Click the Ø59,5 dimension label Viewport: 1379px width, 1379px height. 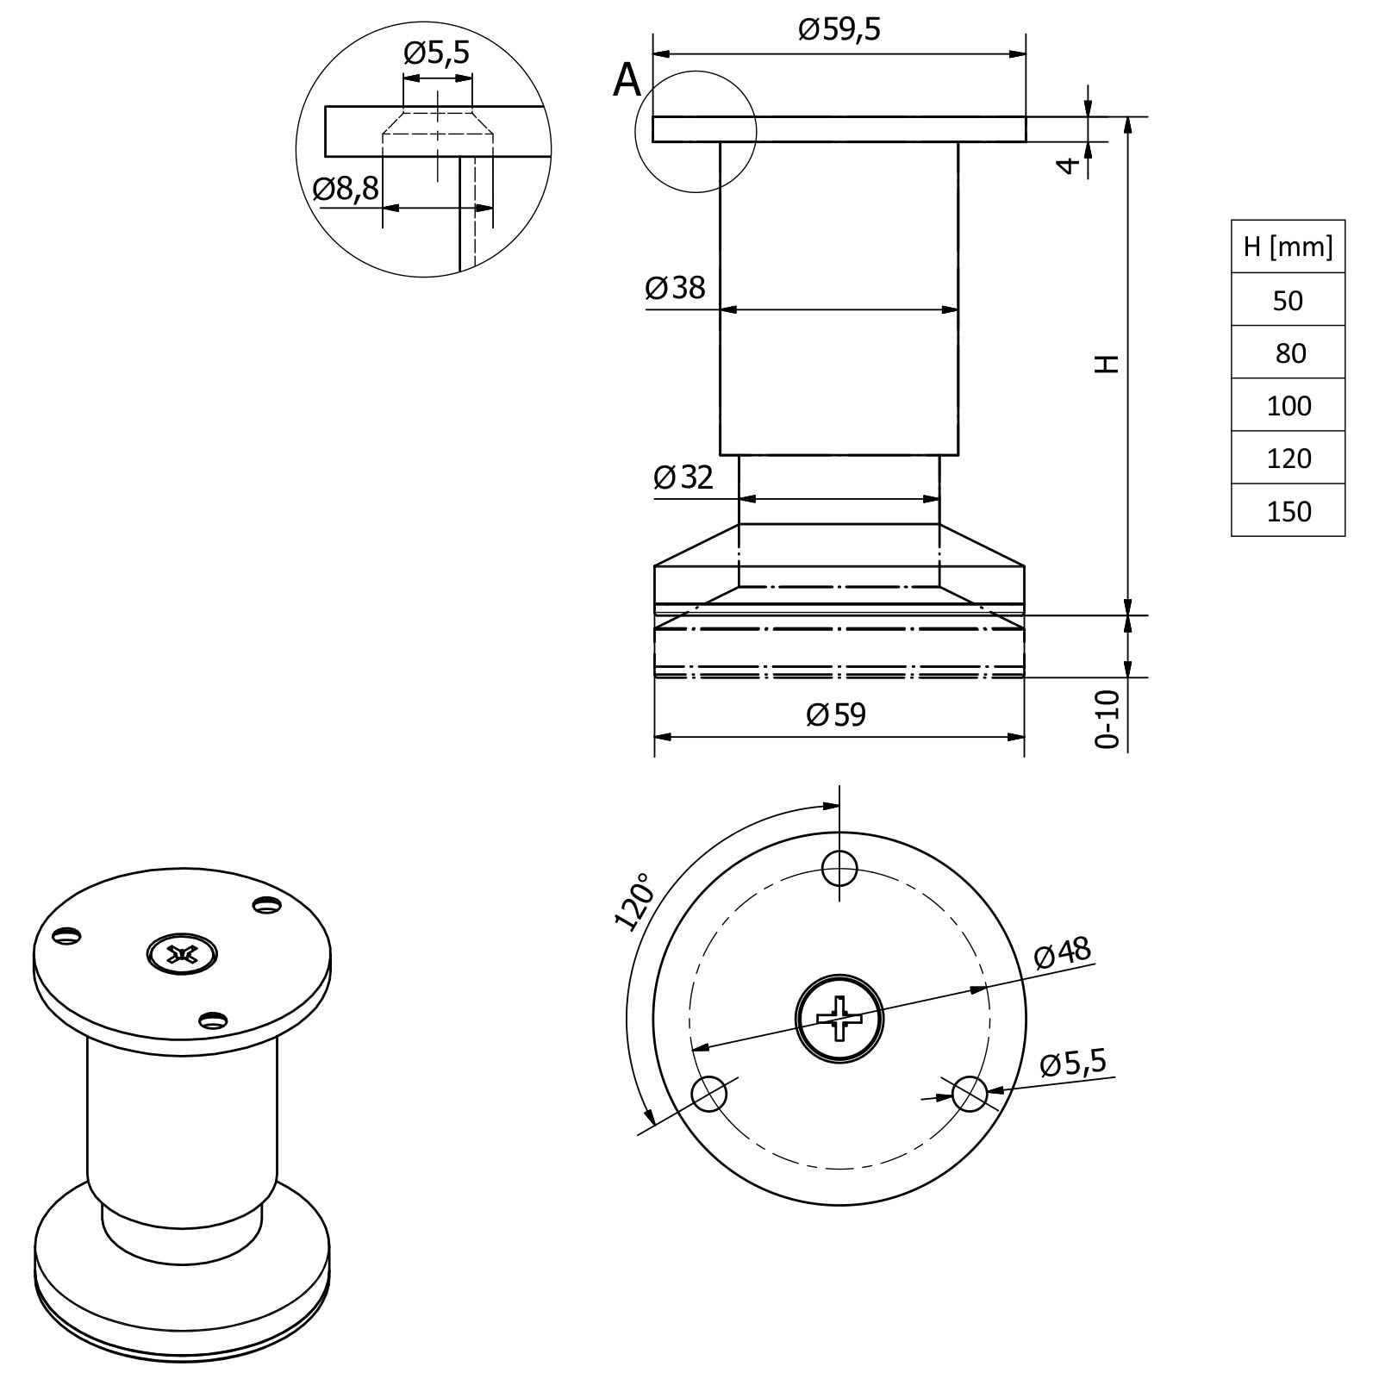(839, 30)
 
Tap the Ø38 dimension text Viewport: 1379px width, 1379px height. (675, 288)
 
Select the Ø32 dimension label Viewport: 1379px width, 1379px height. (683, 477)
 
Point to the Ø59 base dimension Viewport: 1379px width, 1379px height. (835, 714)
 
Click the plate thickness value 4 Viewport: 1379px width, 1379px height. (1069, 165)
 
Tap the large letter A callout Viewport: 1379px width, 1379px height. (627, 81)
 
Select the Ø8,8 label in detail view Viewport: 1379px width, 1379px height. (346, 189)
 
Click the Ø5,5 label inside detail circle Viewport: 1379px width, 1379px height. (437, 53)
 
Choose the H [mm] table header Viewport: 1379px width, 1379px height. (1288, 247)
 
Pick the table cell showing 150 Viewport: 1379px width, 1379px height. (1289, 511)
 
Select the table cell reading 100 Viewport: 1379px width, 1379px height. (1289, 406)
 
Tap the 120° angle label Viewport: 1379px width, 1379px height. (634, 902)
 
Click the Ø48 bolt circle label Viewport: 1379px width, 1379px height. (1062, 953)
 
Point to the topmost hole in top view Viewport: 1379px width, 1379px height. (839, 868)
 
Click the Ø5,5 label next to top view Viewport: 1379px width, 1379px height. (1073, 1063)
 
